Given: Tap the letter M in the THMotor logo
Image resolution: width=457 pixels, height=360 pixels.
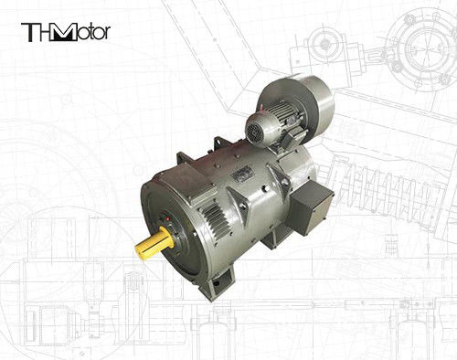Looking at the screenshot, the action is [64, 33].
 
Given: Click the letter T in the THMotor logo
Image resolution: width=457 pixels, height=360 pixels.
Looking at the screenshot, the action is [30, 33].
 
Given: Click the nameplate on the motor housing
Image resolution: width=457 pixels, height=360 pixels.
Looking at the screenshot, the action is [241, 175].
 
